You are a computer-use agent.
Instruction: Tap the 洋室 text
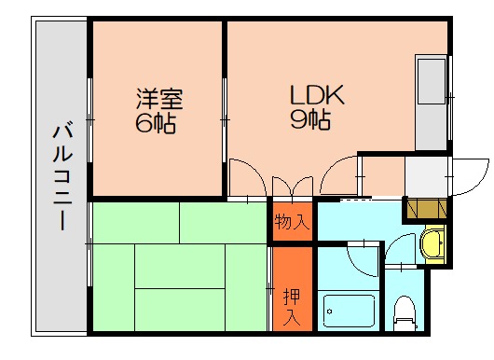[156, 98]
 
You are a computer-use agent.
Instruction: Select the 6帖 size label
[156, 121]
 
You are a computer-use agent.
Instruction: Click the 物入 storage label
[292, 222]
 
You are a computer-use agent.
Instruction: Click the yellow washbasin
[432, 244]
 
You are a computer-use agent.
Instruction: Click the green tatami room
[177, 266]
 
